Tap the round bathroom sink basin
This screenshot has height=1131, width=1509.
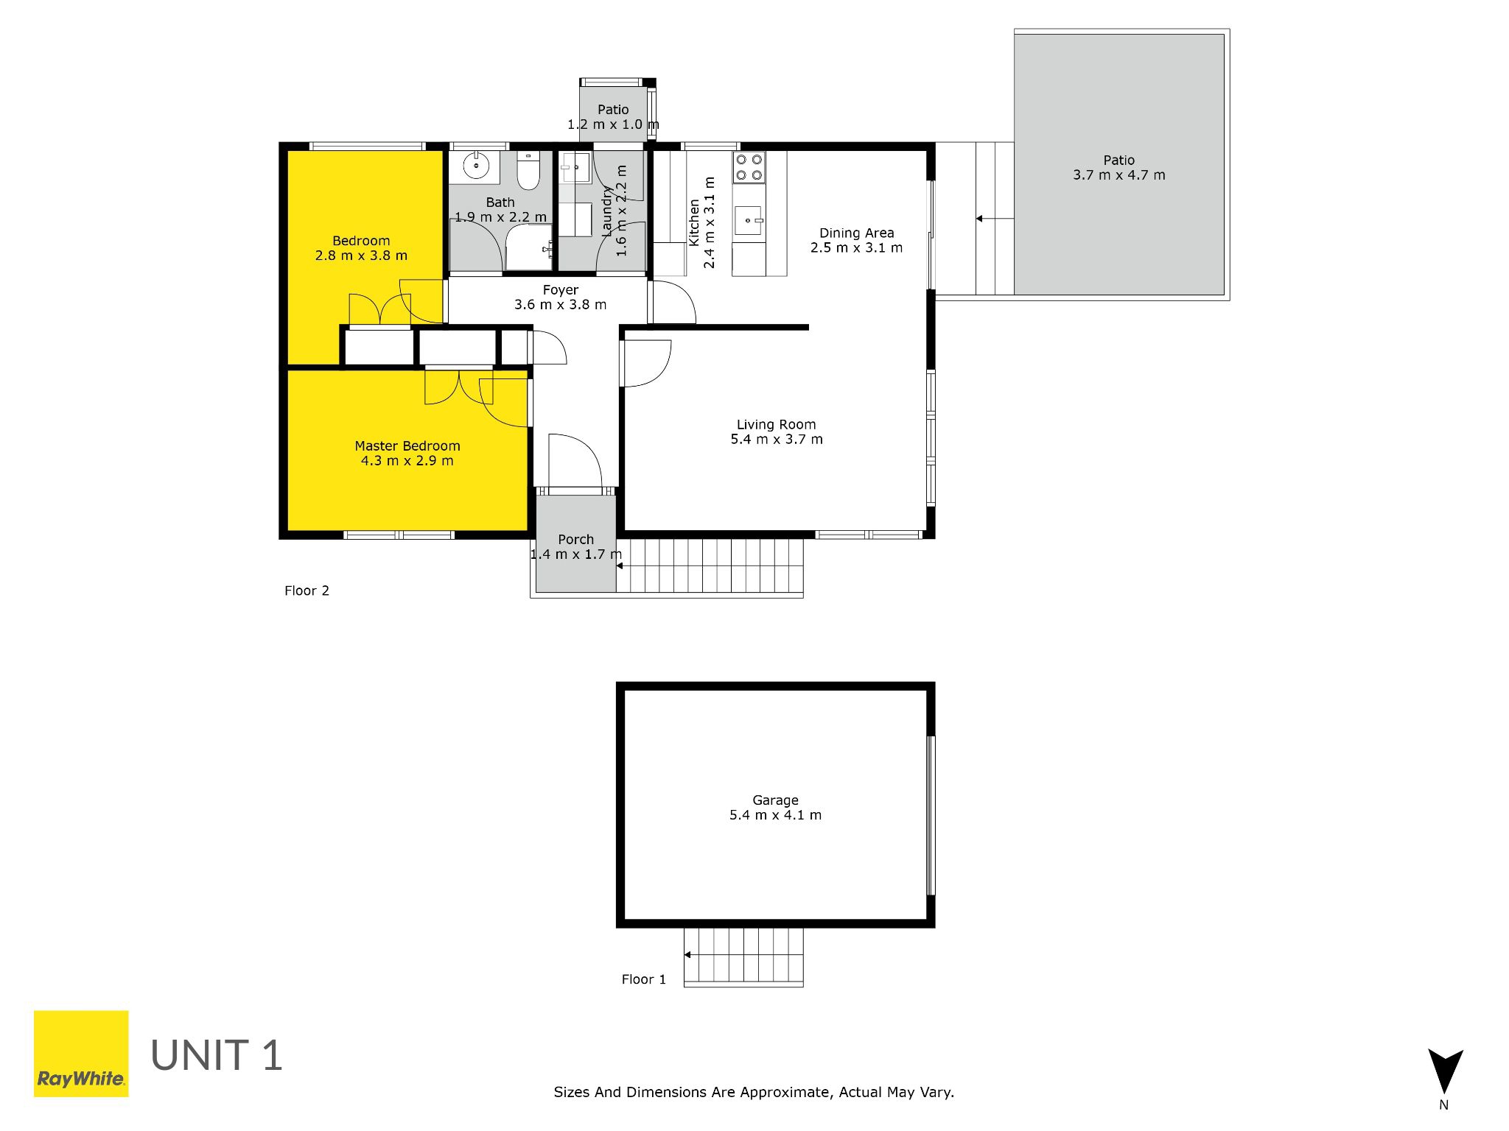[477, 166]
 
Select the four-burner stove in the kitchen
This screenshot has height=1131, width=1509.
[749, 167]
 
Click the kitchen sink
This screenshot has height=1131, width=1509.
[749, 220]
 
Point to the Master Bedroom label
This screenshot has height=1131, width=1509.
[407, 445]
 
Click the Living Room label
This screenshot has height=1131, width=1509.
[777, 424]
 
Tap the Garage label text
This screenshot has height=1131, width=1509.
[775, 800]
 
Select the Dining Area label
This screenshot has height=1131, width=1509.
[856, 233]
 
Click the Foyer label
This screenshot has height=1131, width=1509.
[561, 289]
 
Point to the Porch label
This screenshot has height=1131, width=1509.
[575, 539]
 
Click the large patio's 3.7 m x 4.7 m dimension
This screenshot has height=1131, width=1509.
[1119, 175]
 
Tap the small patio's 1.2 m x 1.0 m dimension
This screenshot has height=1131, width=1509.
[613, 124]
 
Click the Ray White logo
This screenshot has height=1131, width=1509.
[81, 1054]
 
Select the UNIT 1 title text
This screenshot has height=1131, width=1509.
[217, 1055]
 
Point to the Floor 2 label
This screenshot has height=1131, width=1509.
[307, 591]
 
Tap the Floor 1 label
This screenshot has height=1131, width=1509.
[643, 979]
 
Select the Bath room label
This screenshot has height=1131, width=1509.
[500, 202]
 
